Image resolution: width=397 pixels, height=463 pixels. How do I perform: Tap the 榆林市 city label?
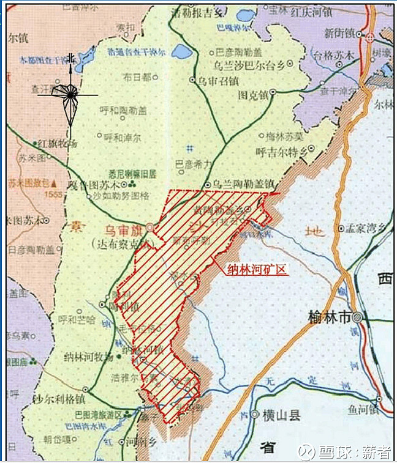(329, 317)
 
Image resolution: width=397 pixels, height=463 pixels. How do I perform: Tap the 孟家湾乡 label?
(365, 229)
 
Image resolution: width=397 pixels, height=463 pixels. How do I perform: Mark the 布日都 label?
(136, 78)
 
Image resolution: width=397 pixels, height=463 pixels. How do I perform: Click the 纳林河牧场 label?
(88, 355)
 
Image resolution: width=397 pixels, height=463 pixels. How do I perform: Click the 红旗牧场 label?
(57, 144)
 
